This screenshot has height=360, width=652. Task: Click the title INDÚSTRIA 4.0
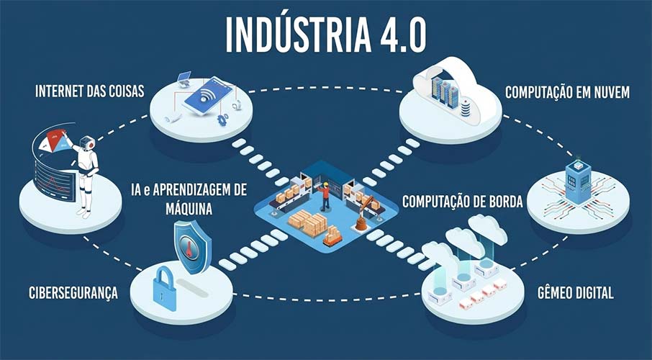click(x=326, y=35)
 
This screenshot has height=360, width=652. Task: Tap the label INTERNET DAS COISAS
click(x=89, y=91)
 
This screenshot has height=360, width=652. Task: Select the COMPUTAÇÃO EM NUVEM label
click(x=567, y=92)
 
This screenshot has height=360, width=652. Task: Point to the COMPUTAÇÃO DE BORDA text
click(x=463, y=202)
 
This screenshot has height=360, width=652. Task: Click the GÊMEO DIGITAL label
click(x=576, y=293)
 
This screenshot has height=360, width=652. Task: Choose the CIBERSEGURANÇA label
click(x=73, y=293)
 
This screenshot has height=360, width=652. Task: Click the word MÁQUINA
click(x=189, y=209)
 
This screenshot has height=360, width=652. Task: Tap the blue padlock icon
click(x=165, y=289)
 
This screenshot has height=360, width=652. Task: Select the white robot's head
click(x=87, y=143)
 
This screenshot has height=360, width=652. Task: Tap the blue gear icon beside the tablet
click(x=222, y=119)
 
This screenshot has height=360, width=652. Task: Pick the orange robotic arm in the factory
click(x=365, y=213)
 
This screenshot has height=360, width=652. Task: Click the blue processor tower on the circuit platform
click(x=578, y=181)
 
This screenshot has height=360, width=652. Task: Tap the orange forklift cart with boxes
click(x=332, y=236)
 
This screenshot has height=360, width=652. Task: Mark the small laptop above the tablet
click(x=183, y=78)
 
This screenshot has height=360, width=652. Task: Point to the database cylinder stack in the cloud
click(x=466, y=109)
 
